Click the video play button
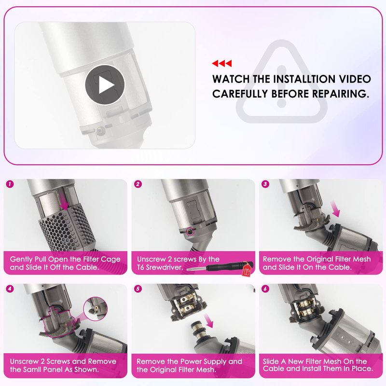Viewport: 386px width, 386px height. click(105, 85)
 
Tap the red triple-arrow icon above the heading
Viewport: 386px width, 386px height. click(222, 64)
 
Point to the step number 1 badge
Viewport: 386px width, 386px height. click(10, 184)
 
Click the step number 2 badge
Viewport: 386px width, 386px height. click(138, 184)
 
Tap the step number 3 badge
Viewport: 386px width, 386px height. click(265, 184)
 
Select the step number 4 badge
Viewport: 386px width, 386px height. click(10, 289)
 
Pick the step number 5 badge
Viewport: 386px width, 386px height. click(138, 289)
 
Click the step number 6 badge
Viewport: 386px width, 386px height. click(265, 289)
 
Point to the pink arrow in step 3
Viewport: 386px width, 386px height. click(335, 209)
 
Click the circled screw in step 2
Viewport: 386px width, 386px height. click(190, 232)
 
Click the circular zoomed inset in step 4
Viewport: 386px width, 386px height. click(96, 308)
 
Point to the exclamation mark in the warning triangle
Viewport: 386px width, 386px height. click(281, 86)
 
